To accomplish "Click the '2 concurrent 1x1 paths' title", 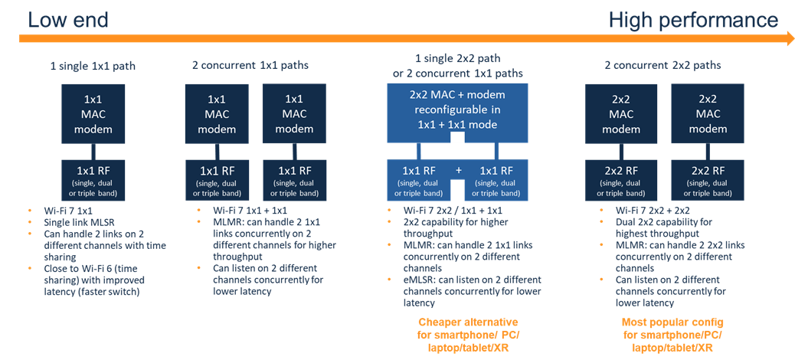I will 250,65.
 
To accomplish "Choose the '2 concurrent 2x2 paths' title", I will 663,65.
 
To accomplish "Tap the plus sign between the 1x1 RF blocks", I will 457,169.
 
